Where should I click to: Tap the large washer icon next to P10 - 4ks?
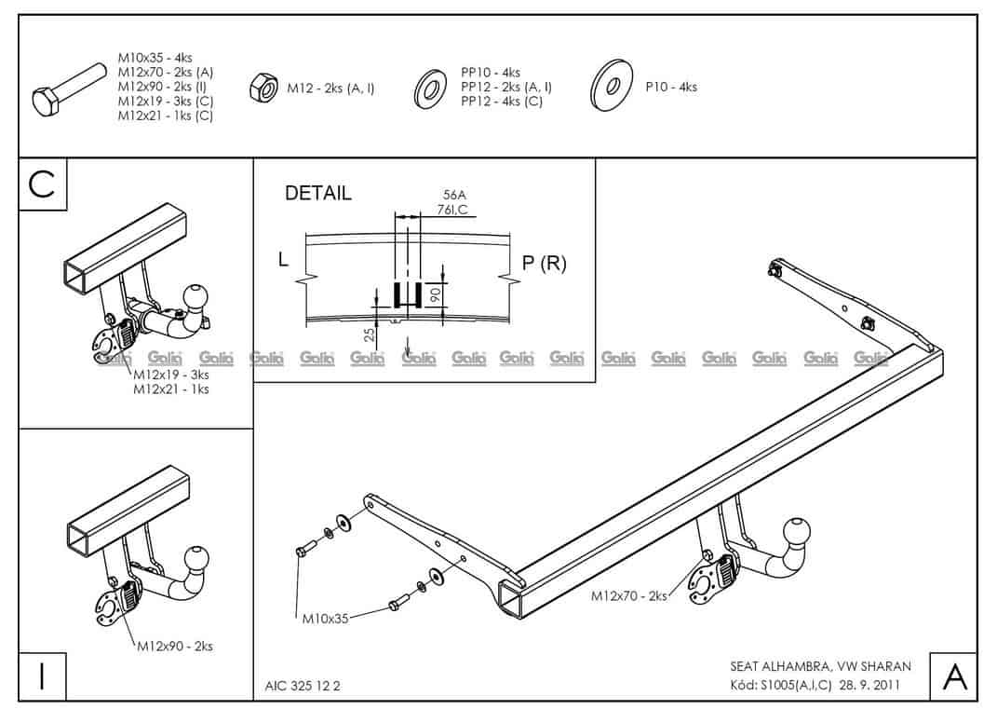(x=613, y=88)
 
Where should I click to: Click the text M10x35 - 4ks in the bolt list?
(x=155, y=58)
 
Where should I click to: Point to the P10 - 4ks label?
(x=671, y=88)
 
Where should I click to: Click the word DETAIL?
(x=318, y=194)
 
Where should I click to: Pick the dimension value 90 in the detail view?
(x=433, y=295)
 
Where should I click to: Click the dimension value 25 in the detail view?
(x=370, y=334)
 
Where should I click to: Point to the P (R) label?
(x=544, y=264)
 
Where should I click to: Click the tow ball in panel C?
(x=198, y=295)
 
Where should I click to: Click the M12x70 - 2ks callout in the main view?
(x=629, y=596)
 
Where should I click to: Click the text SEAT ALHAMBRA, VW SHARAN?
(x=820, y=666)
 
